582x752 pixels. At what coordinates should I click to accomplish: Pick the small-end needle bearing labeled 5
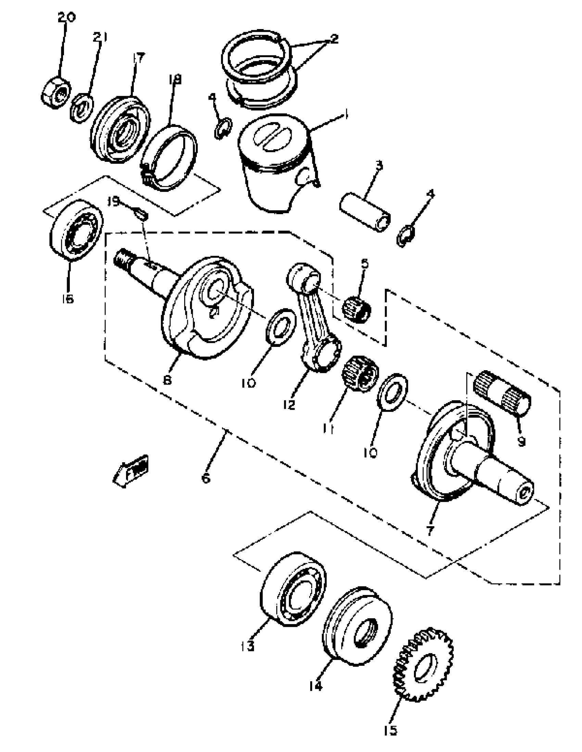[x=357, y=309]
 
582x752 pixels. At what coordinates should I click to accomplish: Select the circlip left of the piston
[x=223, y=128]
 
